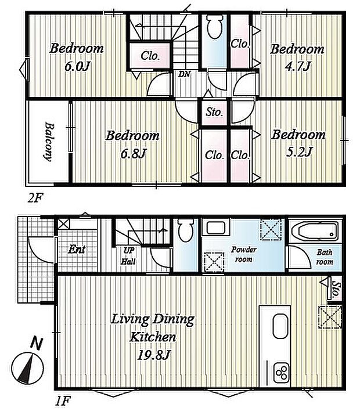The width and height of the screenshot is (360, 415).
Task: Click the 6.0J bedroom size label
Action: click(x=78, y=66)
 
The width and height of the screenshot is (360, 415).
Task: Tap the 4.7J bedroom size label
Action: click(x=297, y=66)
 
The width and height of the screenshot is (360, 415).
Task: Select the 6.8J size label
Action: click(x=133, y=153)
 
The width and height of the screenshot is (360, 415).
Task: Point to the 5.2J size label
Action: click(x=299, y=152)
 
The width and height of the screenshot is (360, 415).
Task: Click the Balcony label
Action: click(x=48, y=142)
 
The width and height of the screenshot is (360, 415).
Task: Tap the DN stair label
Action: click(x=184, y=74)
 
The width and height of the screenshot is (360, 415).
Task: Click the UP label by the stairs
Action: click(x=129, y=250)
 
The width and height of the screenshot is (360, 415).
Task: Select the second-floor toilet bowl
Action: click(x=214, y=27)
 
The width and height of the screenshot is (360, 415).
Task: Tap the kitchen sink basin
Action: click(x=280, y=326)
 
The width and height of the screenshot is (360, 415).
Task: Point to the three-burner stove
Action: click(x=281, y=373)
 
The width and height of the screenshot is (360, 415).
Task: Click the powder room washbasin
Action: click(x=215, y=228)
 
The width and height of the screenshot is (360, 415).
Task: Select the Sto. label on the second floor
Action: click(x=214, y=112)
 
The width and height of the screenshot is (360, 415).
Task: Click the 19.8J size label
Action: click(x=153, y=355)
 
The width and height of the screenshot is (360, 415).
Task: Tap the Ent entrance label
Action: click(x=77, y=249)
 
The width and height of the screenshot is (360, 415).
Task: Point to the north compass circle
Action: click(x=27, y=369)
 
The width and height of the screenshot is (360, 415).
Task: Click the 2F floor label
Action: click(x=35, y=198)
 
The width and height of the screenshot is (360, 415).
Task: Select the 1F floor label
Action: click(x=63, y=400)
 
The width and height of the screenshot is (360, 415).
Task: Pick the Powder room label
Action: click(x=243, y=254)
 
